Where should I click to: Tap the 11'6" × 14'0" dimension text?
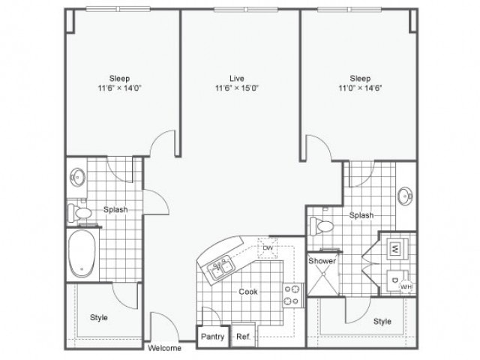point(119,88)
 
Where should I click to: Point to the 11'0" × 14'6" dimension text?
point(360,88)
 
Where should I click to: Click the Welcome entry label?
point(163,348)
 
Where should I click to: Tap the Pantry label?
point(213,337)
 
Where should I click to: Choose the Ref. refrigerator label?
point(242,337)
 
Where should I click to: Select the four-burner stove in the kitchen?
point(292,295)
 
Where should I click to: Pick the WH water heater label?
point(405,286)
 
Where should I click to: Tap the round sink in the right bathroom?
point(406,196)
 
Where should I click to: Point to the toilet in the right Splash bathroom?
point(323,225)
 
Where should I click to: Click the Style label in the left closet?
point(99,317)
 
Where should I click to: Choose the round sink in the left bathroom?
point(77,178)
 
